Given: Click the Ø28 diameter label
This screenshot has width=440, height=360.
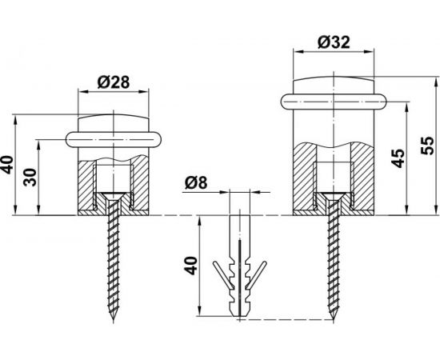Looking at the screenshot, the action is [114, 82].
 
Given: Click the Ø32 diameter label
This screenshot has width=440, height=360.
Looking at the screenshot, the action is [334, 42].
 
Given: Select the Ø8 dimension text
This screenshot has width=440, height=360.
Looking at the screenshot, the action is [196, 183].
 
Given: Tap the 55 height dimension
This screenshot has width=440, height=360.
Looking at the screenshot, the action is [427, 146].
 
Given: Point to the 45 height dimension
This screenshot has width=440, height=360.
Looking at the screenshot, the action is [398, 158].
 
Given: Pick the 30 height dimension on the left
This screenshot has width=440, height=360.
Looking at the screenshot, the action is [30, 178].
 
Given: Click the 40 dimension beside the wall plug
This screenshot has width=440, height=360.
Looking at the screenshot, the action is [191, 266].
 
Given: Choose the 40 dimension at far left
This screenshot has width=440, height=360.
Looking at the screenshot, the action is [6, 165].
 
